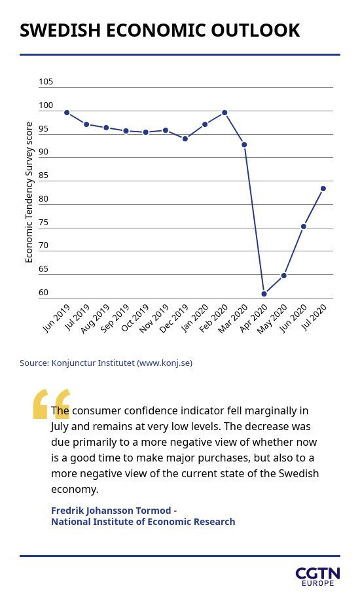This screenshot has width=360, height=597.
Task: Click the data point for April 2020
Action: pyautogui.click(x=264, y=293)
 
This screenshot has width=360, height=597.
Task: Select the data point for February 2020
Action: pyautogui.click(x=225, y=113)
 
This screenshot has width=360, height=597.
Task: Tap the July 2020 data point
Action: pyautogui.click(x=323, y=189)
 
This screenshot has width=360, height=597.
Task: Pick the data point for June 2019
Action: pyautogui.click(x=67, y=113)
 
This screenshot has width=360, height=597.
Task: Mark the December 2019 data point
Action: pyautogui.click(x=185, y=139)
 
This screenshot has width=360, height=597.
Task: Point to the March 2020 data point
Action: pyautogui.click(x=244, y=145)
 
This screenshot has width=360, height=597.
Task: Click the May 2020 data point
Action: pyautogui.click(x=284, y=276)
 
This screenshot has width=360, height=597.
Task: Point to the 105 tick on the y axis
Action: pyautogui.click(x=46, y=81)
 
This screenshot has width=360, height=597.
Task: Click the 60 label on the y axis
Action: pyautogui.click(x=43, y=293)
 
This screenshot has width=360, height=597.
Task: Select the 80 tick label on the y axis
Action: pyautogui.click(x=43, y=199)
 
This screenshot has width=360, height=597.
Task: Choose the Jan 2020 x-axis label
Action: pyautogui.click(x=195, y=318)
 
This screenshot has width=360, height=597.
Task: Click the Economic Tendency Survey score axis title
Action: pyautogui.click(x=29, y=192)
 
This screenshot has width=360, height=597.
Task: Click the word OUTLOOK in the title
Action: pyautogui.click(x=256, y=31)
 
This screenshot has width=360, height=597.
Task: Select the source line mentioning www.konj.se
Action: pyautogui.click(x=106, y=363)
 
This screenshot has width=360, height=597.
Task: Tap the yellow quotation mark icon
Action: pyautogui.click(x=51, y=404)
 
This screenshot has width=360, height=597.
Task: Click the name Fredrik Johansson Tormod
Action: pyautogui.click(x=111, y=511)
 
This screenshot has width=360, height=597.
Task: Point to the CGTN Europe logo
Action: pyautogui.click(x=317, y=577)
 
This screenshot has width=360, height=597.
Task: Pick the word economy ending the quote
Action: pyautogui.click(x=75, y=490)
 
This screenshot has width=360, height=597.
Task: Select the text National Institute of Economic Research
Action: pyautogui.click(x=143, y=522)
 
